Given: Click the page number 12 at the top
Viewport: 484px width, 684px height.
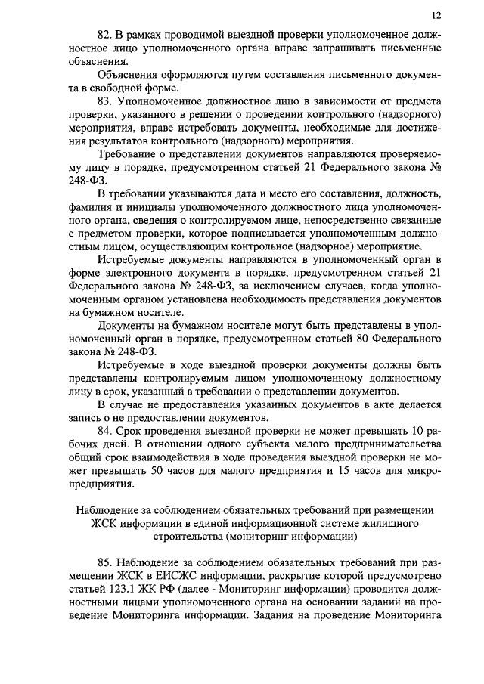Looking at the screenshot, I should coord(436,15).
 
